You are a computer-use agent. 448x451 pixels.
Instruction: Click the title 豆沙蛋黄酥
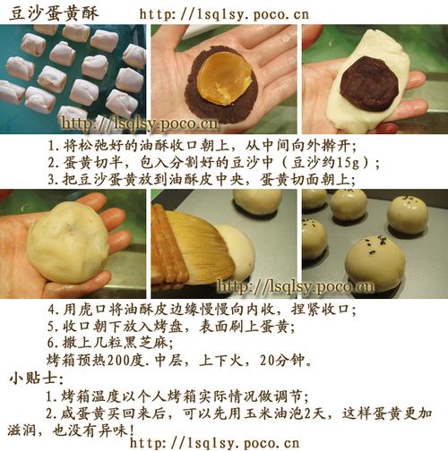coord(54,13)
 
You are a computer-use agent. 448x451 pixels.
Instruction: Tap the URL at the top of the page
coord(224,14)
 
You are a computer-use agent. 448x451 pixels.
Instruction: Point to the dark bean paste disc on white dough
coord(370,83)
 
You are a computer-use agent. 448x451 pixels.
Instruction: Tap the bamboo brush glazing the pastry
coord(191,248)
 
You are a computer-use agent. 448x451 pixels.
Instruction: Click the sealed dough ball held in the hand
coord(68,243)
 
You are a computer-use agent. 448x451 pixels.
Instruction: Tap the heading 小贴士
coord(33,379)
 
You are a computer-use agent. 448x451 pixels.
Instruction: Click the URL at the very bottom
coord(215,443)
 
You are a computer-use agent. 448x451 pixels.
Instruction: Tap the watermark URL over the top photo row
coord(140,123)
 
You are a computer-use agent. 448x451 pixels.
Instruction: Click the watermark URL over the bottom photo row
coord(295,286)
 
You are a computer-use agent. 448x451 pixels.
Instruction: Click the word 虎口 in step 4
coord(92,310)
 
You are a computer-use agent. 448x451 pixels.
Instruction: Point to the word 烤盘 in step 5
coord(168,326)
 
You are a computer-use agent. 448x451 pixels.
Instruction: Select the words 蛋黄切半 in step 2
coord(92,163)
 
